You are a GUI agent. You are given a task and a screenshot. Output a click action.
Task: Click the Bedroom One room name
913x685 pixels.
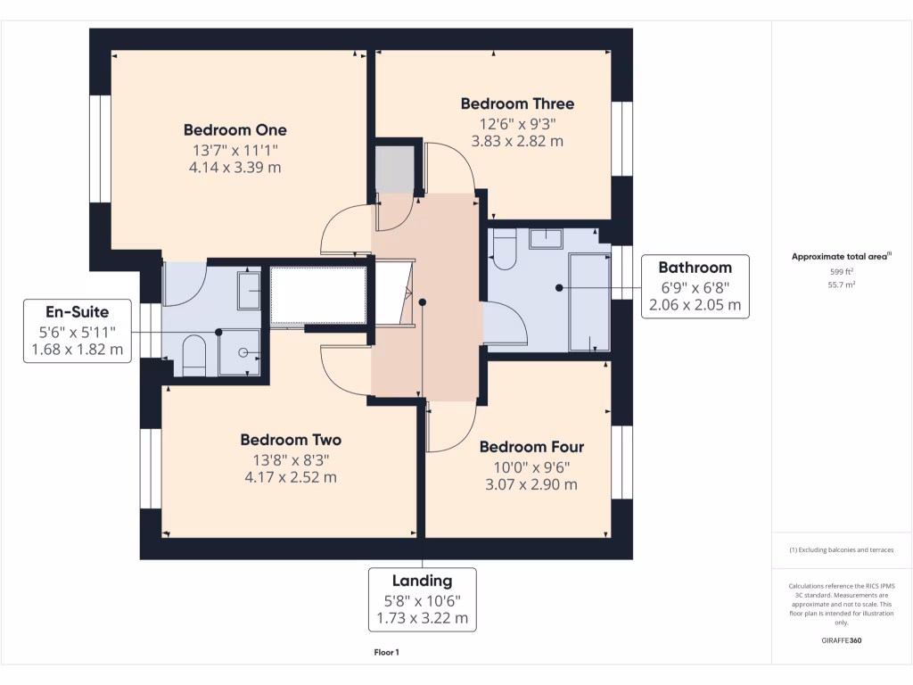pyautogui.click(x=235, y=129)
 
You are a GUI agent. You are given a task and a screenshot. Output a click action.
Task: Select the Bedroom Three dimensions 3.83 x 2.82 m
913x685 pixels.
pyautogui.click(x=517, y=141)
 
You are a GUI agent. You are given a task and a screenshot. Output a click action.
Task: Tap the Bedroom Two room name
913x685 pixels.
pyautogui.click(x=291, y=440)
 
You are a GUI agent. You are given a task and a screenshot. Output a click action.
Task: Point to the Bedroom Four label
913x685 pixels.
pyautogui.click(x=531, y=447)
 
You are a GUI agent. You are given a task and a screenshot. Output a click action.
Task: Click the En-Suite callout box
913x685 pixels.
pyautogui.click(x=78, y=330)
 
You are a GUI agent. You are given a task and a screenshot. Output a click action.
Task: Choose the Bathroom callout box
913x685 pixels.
pyautogui.click(x=695, y=285)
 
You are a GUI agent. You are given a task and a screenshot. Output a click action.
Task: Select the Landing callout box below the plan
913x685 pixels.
pyautogui.click(x=424, y=599)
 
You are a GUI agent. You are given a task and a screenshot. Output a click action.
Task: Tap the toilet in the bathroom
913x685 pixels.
pyautogui.click(x=504, y=251)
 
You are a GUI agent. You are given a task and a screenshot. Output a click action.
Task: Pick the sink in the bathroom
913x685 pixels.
pyautogui.click(x=545, y=238)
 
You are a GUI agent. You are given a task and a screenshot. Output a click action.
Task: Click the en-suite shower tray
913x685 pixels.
pyautogui.click(x=240, y=351)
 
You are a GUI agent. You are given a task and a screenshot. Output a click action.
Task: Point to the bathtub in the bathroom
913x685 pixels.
pyautogui.click(x=589, y=301)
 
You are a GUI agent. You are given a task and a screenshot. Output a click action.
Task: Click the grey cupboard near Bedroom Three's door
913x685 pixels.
pyautogui.click(x=393, y=169)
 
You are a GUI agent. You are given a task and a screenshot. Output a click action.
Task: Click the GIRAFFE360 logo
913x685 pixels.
pyautogui.click(x=842, y=640)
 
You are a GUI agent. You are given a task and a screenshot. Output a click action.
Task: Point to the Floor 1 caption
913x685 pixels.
pyautogui.click(x=386, y=653)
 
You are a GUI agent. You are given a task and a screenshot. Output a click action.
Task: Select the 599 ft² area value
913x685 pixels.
pyautogui.click(x=842, y=271)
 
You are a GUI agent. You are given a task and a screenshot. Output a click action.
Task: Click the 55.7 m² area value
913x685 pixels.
pyautogui.click(x=842, y=285)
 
